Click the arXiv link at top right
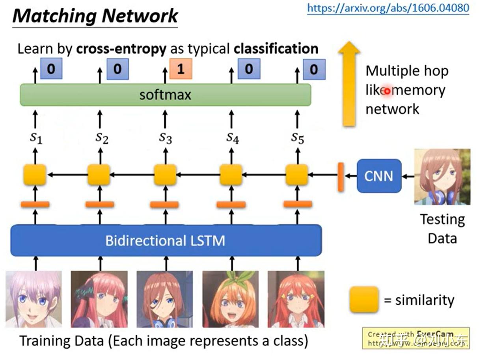click(388, 8)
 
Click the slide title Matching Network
click(95, 16)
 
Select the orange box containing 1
click(181, 69)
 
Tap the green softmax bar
click(165, 95)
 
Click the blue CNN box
click(378, 176)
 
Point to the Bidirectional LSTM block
click(166, 240)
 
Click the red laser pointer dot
click(387, 91)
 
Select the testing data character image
click(442, 177)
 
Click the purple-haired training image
click(34, 299)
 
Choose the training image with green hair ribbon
click(230, 299)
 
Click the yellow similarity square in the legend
click(364, 300)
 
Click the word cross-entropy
click(121, 49)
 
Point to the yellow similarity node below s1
click(35, 175)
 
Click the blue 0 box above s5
click(314, 69)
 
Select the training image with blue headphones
click(164, 299)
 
